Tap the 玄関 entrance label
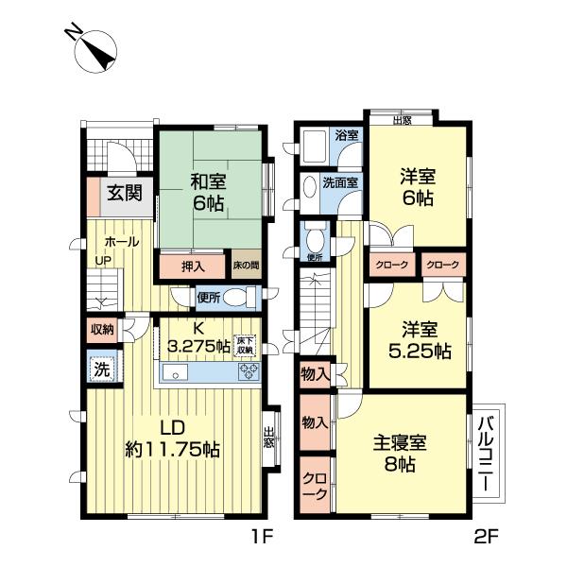click(121, 194)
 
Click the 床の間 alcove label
click(246, 266)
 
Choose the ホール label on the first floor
click(122, 242)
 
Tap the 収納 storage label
click(103, 330)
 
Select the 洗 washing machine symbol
click(101, 369)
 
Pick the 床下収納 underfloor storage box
click(246, 346)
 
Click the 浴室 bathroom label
click(347, 135)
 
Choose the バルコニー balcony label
click(487, 453)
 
